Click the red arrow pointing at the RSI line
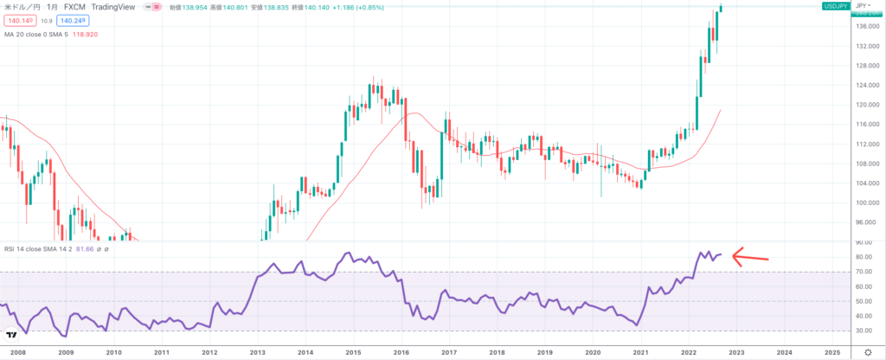click(750, 255)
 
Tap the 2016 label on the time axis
click(400, 353)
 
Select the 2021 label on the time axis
click(640, 353)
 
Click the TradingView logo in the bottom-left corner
click(12, 336)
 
